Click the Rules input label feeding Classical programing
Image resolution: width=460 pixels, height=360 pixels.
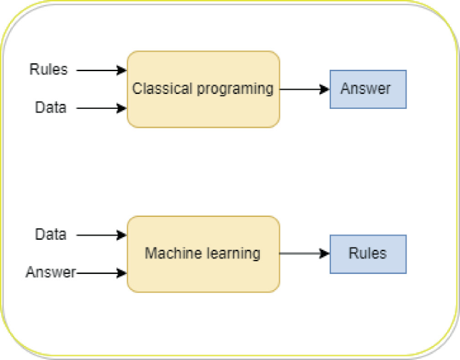48,69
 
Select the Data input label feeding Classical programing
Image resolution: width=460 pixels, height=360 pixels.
51,107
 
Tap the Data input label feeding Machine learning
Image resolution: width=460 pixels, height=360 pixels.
51,234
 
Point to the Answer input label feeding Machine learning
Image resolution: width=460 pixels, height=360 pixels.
50,272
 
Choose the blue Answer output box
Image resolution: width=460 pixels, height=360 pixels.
368,89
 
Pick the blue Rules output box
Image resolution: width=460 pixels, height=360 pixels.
368,254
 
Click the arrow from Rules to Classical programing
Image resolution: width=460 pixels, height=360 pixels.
101,70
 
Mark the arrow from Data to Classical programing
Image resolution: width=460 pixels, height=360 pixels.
101,107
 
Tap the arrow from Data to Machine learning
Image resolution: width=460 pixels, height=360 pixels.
101,234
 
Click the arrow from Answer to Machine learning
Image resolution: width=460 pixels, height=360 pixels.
101,273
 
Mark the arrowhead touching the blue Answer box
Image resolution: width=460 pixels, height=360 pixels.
325,89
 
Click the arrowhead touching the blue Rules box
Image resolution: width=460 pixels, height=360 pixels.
325,254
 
